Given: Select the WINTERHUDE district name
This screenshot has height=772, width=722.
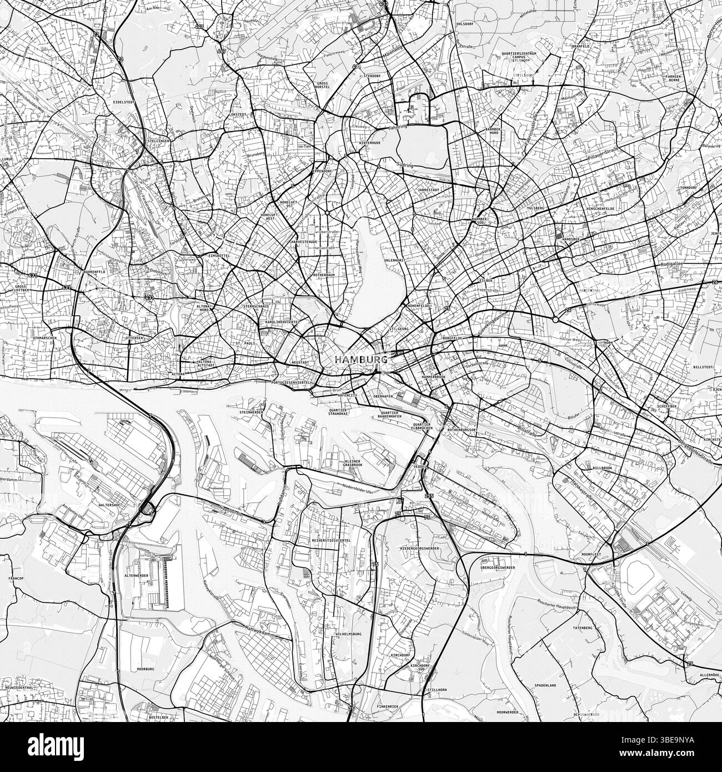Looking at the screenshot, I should pos(369,143).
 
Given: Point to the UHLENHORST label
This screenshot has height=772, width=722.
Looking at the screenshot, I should pos(393,260).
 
